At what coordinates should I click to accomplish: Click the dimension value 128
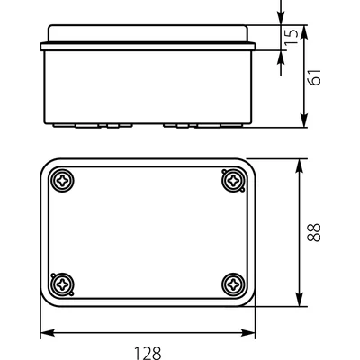point(148,353)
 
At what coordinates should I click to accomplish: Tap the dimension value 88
point(314,232)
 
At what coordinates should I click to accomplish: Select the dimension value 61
point(315,77)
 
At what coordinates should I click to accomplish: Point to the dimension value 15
point(292,37)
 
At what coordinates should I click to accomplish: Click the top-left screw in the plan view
point(63,181)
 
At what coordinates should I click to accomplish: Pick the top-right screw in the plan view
point(233,181)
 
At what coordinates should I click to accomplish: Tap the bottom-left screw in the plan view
point(63,284)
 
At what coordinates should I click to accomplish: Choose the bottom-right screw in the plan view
point(233,284)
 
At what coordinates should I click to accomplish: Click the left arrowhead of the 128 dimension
point(48,332)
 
